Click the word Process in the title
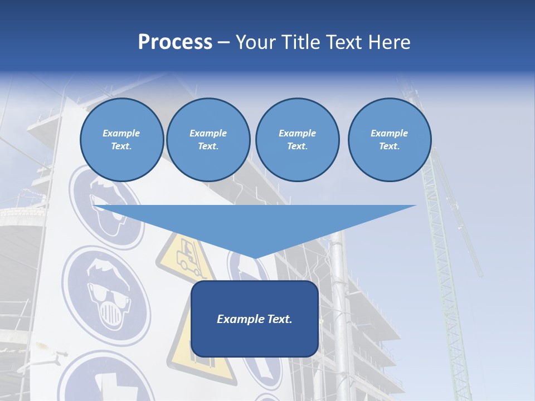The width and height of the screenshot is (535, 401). [x=175, y=42]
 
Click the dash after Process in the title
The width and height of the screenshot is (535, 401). [x=224, y=43]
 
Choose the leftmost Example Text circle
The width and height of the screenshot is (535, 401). [x=121, y=140]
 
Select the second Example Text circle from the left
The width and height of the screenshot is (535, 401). [x=208, y=140]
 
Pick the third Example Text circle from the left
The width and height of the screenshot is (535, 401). [x=297, y=140]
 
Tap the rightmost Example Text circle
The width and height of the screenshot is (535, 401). [x=389, y=140]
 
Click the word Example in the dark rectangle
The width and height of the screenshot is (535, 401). [x=237, y=319]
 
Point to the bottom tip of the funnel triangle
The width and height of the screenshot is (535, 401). [x=255, y=257]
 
